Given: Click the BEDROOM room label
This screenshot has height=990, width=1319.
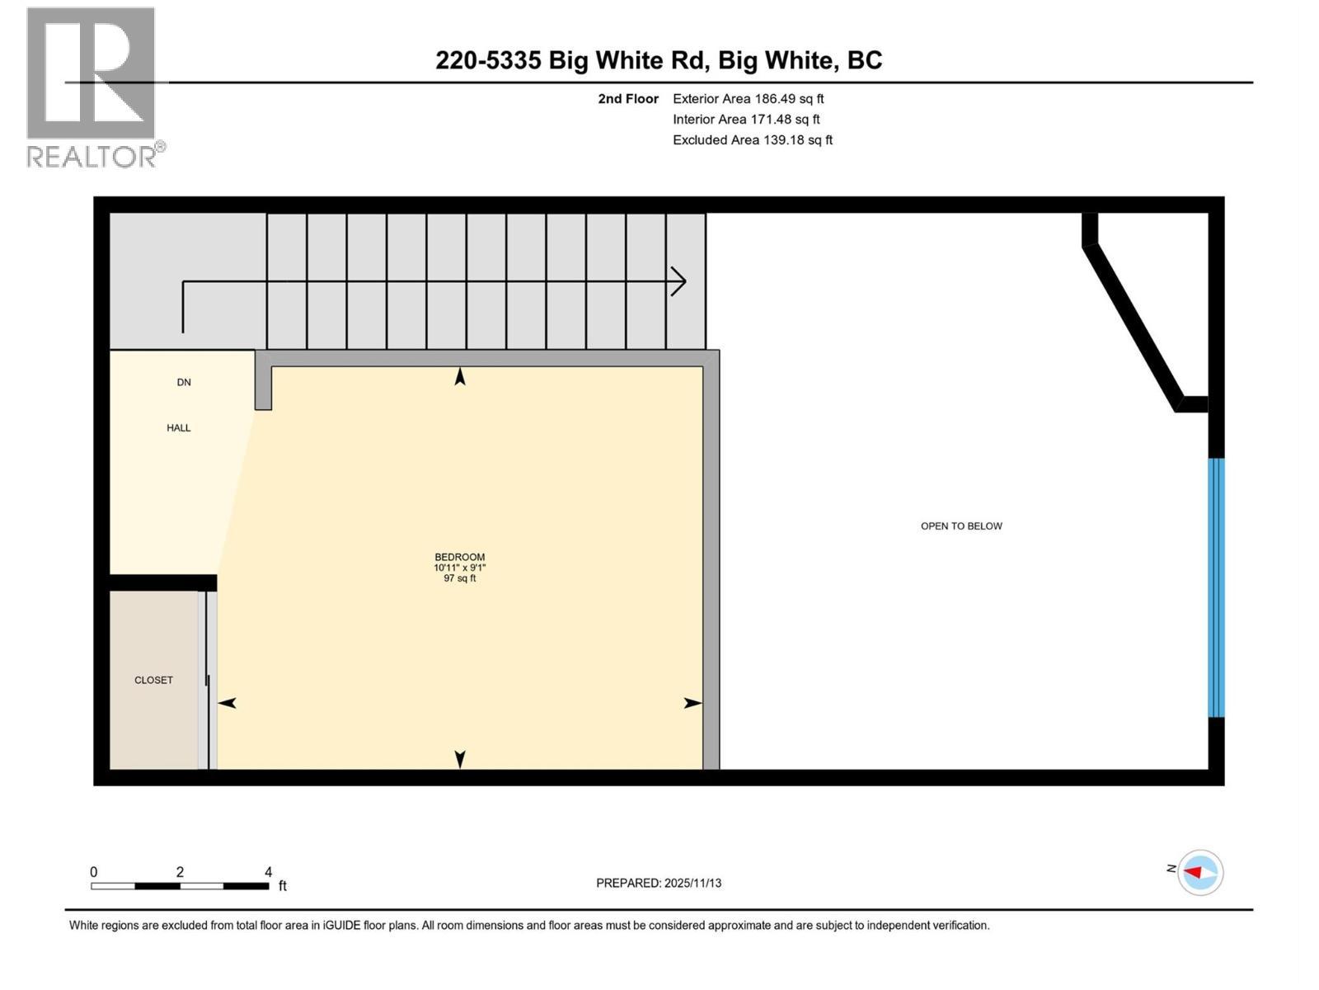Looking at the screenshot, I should click(459, 557).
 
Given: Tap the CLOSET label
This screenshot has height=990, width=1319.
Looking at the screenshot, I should click(153, 680).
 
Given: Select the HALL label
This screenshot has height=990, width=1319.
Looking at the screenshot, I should click(179, 427).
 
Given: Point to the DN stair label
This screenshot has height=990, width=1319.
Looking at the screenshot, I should click(184, 382).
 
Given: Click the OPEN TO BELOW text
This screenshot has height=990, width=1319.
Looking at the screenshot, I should click(961, 526).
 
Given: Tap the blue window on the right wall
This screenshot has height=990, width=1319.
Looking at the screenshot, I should click(1216, 587).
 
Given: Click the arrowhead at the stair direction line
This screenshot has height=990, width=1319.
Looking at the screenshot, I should click(679, 281).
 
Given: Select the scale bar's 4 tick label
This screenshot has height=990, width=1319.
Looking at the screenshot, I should click(268, 871).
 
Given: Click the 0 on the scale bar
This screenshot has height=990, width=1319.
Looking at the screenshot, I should click(94, 871).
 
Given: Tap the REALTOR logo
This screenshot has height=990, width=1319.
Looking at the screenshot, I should click(92, 87).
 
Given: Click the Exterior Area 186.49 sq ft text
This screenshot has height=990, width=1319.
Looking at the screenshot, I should click(748, 98).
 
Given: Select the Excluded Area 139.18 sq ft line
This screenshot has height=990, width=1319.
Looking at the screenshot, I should click(752, 139).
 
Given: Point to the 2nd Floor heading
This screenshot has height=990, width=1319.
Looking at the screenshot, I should click(628, 98).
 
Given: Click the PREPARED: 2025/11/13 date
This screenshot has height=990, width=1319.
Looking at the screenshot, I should click(659, 883).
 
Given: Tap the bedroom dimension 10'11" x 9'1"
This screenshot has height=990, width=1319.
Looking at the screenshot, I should click(459, 568).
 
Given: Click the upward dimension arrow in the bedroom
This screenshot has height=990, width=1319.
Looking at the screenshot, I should click(460, 376).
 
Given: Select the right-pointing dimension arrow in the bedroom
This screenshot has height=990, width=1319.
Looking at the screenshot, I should click(692, 703).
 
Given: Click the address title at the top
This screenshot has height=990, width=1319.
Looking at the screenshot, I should click(659, 60).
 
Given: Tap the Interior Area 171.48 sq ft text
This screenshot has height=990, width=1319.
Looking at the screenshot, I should click(746, 119).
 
